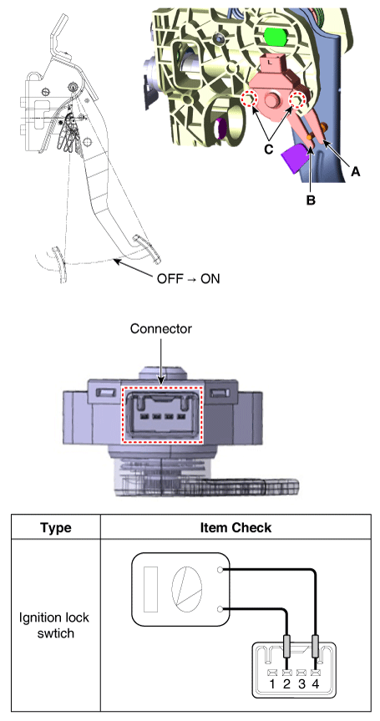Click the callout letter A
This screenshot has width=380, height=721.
pyautogui.click(x=355, y=172)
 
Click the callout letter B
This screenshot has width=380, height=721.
pyautogui.click(x=311, y=201)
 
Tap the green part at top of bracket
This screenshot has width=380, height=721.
pyautogui.click(x=275, y=35)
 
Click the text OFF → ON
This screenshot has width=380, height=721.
pyautogui.click(x=189, y=279)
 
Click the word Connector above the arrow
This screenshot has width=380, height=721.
pyautogui.click(x=161, y=329)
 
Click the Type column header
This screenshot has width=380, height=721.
pyautogui.click(x=56, y=527)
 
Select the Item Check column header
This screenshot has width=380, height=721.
pyautogui.click(x=236, y=527)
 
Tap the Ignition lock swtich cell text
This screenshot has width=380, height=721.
pyautogui.click(x=54, y=625)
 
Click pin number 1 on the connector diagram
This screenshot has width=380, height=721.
pyautogui.click(x=272, y=683)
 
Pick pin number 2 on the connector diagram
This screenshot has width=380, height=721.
pyautogui.click(x=286, y=683)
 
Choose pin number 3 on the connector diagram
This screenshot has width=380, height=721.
pyautogui.click(x=301, y=683)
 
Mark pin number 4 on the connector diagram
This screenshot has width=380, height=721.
pyautogui.click(x=316, y=683)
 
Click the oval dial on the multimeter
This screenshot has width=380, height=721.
pyautogui.click(x=186, y=589)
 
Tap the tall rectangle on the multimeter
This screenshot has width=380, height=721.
pyautogui.click(x=150, y=589)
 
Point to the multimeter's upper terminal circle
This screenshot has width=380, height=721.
pyautogui.click(x=220, y=570)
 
